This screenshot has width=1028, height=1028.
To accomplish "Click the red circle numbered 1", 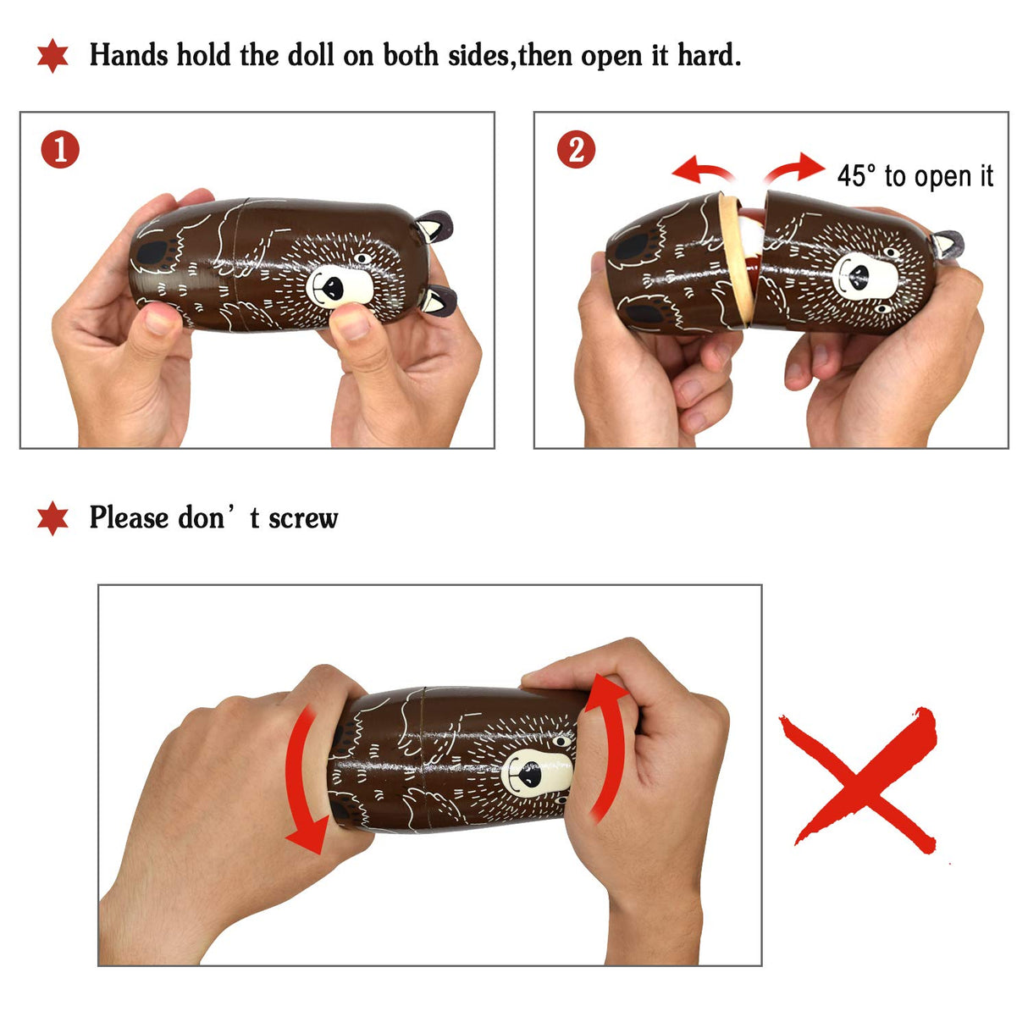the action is [x=60, y=149].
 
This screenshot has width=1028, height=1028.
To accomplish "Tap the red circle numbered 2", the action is [x=576, y=149].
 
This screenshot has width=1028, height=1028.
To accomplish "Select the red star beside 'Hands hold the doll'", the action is [x=53, y=56].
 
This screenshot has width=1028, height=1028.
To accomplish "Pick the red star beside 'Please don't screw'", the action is [x=53, y=518].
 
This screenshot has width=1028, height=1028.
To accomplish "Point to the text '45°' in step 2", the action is [x=856, y=175].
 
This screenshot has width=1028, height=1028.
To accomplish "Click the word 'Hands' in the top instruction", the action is [x=129, y=55].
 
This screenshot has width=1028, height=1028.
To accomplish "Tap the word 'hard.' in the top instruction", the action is [x=709, y=55].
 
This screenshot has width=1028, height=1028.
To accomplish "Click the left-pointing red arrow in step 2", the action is [x=703, y=169].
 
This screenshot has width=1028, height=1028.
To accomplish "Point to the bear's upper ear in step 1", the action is [x=434, y=226].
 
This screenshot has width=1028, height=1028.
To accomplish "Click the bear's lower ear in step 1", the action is [x=439, y=301].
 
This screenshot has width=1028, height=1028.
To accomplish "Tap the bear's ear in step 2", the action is [x=948, y=246].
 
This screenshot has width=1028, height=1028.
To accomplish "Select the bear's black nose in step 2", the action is [x=859, y=276].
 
